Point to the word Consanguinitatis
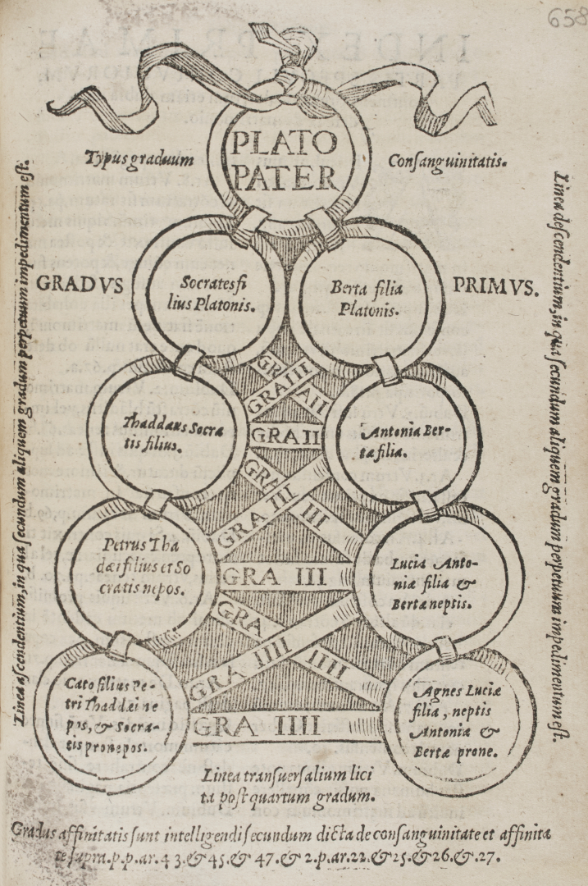(448, 159)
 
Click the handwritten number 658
(567, 16)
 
